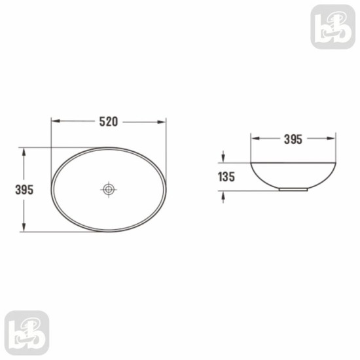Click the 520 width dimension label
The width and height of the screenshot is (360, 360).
(x=109, y=122)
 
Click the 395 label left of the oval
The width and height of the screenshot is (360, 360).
(x=24, y=190)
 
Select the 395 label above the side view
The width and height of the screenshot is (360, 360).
(x=293, y=139)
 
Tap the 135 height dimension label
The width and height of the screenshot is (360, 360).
(x=226, y=177)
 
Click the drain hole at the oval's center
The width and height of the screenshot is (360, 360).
(x=109, y=189)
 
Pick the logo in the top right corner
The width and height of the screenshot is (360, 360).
(x=333, y=27)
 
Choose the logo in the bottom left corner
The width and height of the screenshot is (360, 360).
(x=27, y=333)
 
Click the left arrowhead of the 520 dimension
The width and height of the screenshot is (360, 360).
(x=56, y=121)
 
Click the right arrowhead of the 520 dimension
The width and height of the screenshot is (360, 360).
(x=161, y=122)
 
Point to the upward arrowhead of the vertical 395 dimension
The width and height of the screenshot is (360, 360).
(x=24, y=153)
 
